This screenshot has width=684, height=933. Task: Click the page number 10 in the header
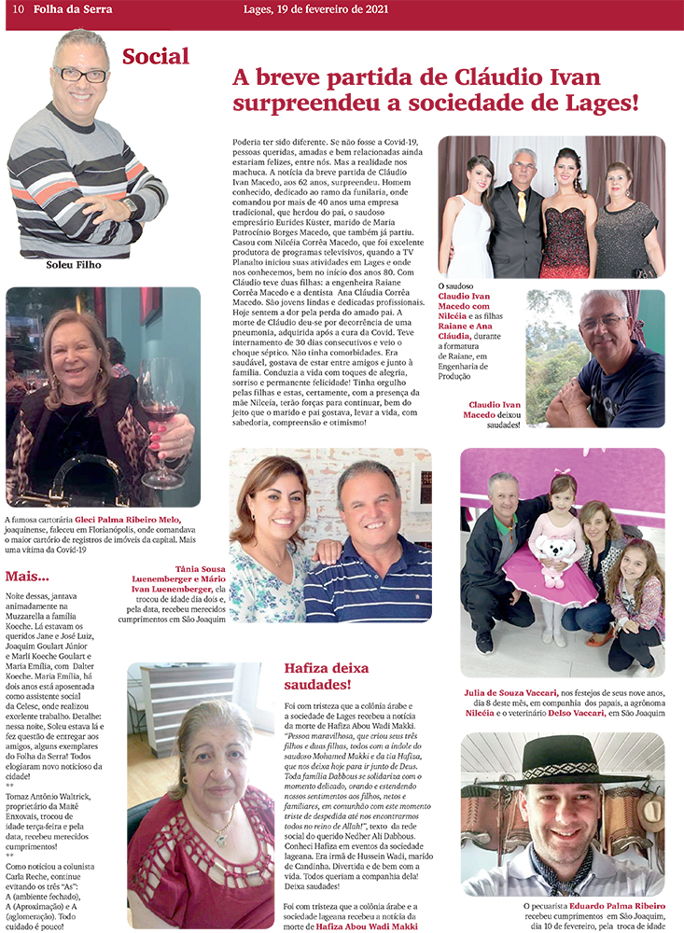tap(18, 9)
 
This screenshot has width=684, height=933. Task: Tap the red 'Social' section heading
tap(156, 56)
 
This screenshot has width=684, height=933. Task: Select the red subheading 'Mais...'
tap(28, 576)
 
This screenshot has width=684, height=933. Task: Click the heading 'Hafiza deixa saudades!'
tap(326, 676)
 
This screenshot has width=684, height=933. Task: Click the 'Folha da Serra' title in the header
tap(73, 9)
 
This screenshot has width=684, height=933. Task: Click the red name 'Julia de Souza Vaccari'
tap(510, 692)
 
